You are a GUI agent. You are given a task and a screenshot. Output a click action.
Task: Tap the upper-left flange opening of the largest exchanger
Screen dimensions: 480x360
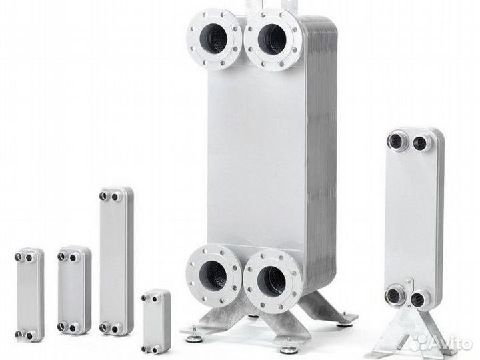(213, 38)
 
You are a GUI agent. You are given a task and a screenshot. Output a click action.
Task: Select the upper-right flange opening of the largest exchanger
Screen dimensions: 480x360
(272, 39)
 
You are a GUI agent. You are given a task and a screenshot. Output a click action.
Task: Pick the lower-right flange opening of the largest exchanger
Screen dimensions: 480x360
(271, 281)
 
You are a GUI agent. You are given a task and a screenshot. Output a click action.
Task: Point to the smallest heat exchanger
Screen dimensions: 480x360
(156, 321)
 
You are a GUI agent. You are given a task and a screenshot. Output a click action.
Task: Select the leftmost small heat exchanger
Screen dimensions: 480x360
(29, 295)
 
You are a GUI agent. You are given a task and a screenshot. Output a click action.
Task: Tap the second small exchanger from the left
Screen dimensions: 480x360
(74, 289)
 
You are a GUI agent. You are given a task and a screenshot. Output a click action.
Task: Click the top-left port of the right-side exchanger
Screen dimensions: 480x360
(395, 141)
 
